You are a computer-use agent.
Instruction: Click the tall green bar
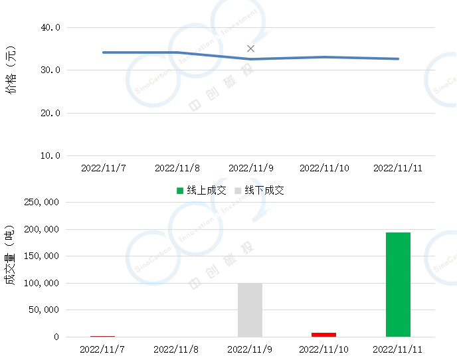point(398,284)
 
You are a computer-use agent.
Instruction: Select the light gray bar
point(250,311)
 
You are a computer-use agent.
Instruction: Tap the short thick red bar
point(323,334)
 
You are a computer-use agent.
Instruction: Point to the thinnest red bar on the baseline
point(103,337)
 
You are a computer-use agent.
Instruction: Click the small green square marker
point(180,191)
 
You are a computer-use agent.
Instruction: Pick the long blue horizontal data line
point(252,56)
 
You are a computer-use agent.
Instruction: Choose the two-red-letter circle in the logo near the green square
point(151,258)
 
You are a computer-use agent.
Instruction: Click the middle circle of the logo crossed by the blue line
point(193,50)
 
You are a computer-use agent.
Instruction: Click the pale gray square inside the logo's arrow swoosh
point(237,192)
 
